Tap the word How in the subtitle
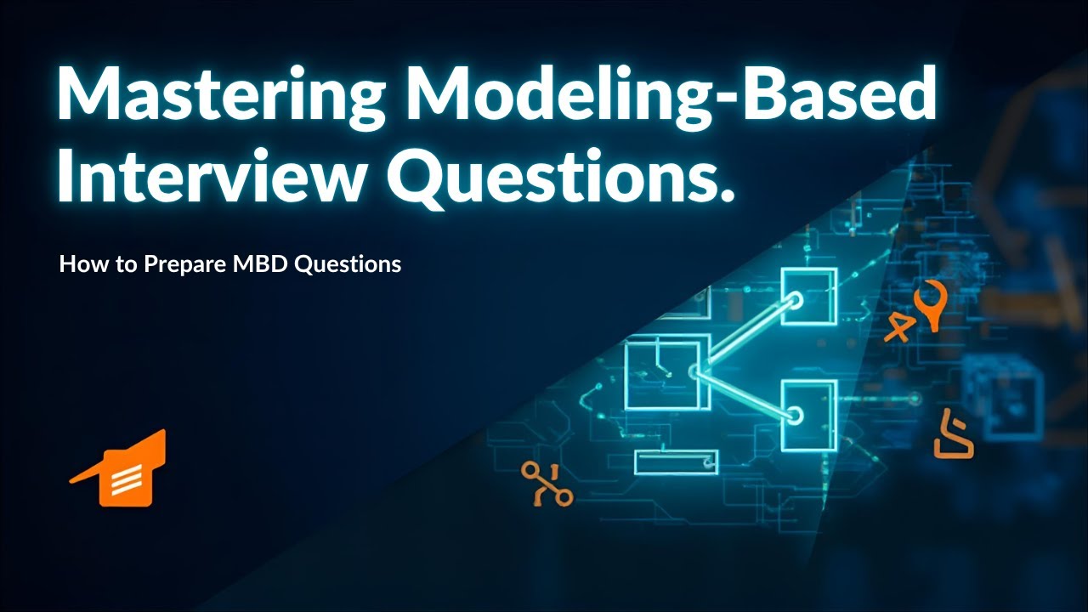click(80, 264)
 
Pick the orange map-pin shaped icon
click(932, 304)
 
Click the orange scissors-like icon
click(547, 484)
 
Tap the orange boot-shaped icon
click(952, 436)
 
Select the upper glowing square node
click(808, 297)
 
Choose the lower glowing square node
click(808, 414)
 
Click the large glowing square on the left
click(662, 375)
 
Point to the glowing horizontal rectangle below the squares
click(677, 462)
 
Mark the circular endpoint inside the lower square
click(795, 416)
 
